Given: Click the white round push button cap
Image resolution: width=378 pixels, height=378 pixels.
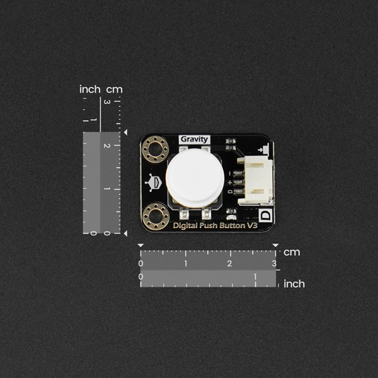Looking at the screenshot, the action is (x=195, y=178).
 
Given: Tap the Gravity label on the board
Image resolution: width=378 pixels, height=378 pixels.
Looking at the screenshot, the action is (x=194, y=139).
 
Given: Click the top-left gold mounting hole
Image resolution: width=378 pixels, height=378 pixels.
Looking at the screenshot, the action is (x=155, y=149).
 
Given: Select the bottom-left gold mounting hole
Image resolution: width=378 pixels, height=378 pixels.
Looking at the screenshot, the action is (x=156, y=217).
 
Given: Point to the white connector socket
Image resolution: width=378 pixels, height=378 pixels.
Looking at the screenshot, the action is (x=255, y=181).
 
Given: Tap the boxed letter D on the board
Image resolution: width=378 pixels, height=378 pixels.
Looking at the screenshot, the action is (x=265, y=215).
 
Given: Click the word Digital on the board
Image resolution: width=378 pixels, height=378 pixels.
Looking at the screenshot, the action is (x=184, y=226).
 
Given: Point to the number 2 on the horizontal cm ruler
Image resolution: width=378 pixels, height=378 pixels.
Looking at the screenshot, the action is (x=229, y=263).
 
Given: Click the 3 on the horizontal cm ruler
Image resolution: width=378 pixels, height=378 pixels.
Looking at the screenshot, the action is (x=274, y=263).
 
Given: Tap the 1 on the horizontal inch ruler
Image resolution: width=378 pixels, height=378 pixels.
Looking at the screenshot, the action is (x=255, y=277).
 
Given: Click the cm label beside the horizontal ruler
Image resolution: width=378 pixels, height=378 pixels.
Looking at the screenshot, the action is (x=292, y=253).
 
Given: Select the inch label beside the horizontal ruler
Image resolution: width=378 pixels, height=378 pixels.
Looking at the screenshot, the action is (x=294, y=283).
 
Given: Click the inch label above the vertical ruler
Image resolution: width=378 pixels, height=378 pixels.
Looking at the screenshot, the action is (x=90, y=89).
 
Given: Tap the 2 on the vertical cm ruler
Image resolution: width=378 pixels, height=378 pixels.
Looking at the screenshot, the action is (x=107, y=146).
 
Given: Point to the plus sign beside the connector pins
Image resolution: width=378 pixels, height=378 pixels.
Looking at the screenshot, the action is (x=230, y=182).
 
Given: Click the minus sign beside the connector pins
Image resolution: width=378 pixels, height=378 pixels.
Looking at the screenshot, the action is (x=229, y=173).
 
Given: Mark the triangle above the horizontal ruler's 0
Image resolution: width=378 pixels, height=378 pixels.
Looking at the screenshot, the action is (x=140, y=246).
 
